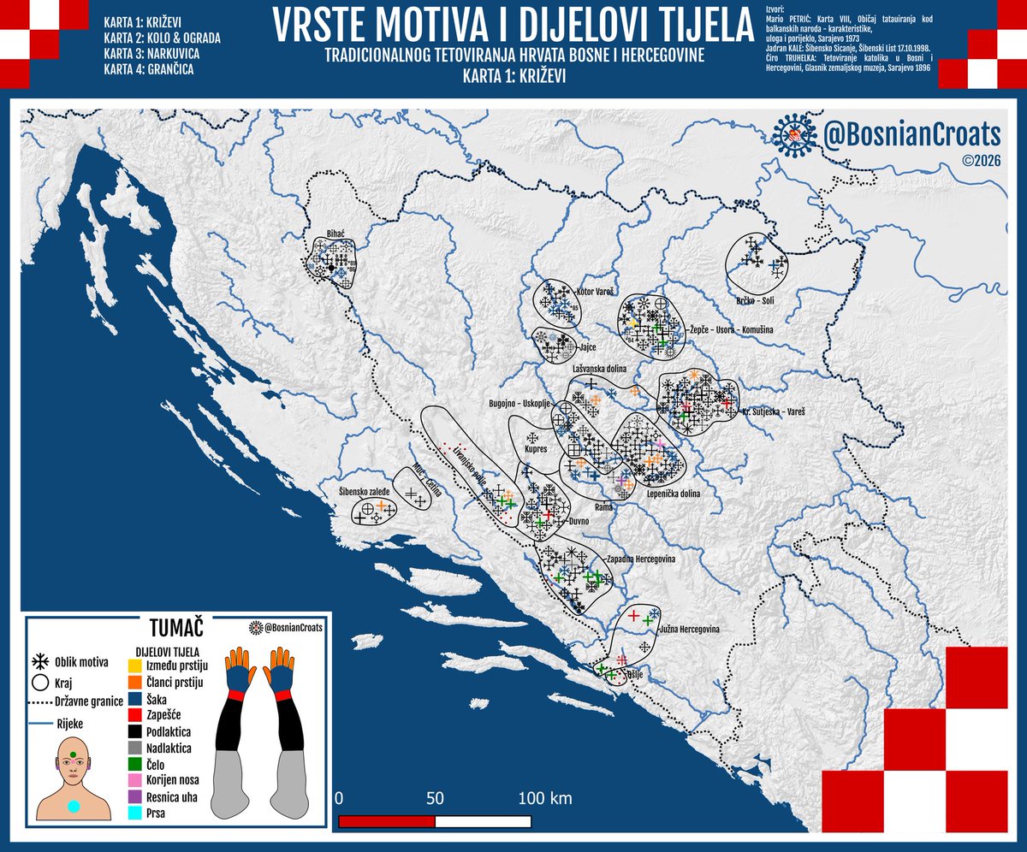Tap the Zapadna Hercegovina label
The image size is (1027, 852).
(x=642, y=558)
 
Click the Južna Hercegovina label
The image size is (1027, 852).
(x=688, y=629)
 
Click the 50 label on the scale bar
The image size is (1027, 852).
(x=435, y=799)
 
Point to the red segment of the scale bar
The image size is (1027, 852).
(x=387, y=821)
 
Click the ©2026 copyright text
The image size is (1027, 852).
(x=980, y=160)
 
